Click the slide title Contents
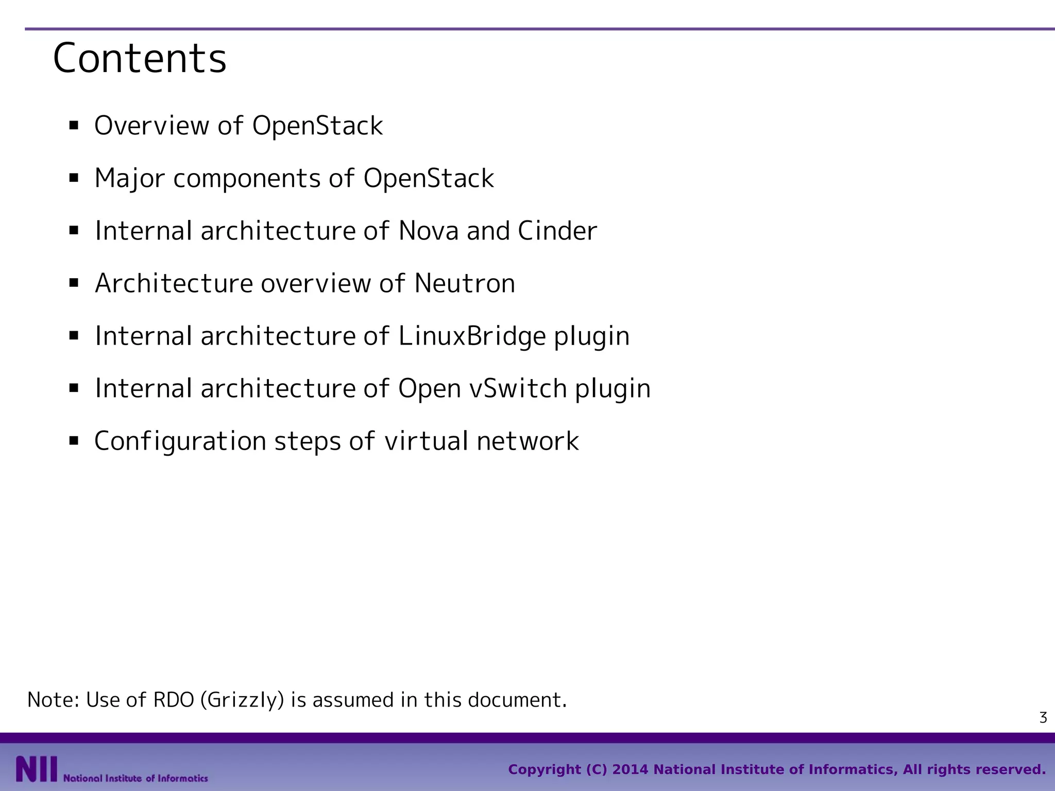pos(139,58)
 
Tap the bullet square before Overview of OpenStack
pos(74,125)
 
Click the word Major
pos(130,179)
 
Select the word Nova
pos(428,231)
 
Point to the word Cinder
pos(557,231)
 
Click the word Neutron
pos(465,283)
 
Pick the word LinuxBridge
pos(472,336)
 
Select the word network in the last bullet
pos(527,441)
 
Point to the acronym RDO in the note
pos(173,700)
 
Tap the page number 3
pos(1043,717)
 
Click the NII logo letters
pos(36,769)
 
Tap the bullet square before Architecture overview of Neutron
pos(74,283)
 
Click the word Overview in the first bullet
pos(152,126)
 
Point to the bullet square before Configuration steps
pos(74,441)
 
